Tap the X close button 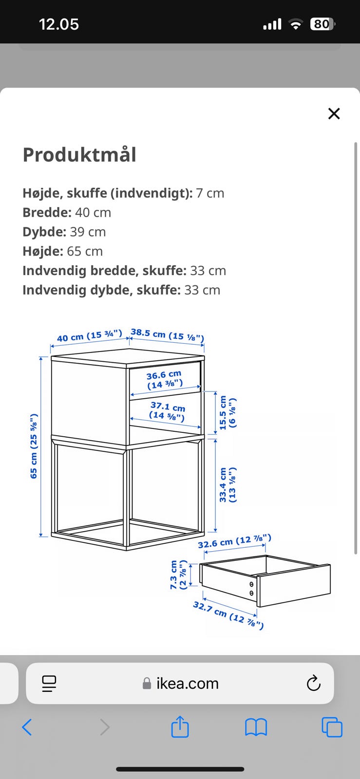click(334, 113)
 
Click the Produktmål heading click(79, 155)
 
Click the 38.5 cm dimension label click(167, 334)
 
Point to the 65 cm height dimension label click(34, 446)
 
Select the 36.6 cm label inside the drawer click(164, 380)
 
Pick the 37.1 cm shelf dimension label click(167, 411)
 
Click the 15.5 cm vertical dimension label click(227, 412)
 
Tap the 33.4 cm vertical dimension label click(227, 485)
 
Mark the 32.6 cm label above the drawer click(234, 541)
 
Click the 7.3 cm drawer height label click(178, 575)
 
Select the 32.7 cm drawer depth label click(228, 615)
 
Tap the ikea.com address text click(187, 684)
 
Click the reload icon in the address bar click(313, 684)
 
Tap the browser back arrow click(27, 727)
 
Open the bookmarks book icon click(256, 727)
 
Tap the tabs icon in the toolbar click(332, 727)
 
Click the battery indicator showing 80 click(322, 24)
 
